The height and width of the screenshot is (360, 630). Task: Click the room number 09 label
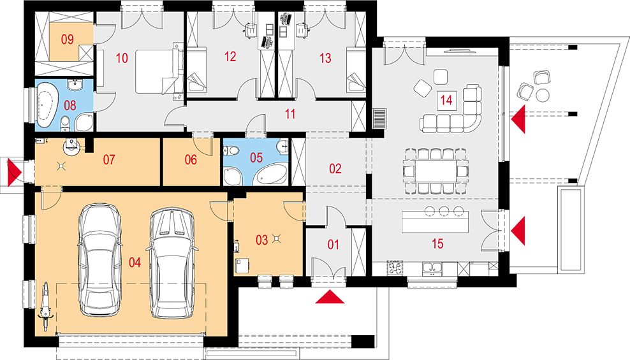click(68, 40)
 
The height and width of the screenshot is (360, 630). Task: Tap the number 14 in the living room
click(446, 99)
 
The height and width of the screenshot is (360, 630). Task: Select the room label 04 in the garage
click(135, 263)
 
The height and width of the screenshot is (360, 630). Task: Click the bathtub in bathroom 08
click(47, 106)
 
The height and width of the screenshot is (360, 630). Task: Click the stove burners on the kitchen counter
click(395, 268)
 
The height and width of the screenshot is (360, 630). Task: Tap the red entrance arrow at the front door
click(330, 298)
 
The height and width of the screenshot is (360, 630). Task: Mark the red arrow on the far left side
click(15, 173)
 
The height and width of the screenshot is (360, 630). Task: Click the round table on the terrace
click(543, 95)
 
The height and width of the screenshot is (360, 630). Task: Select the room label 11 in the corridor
click(290, 114)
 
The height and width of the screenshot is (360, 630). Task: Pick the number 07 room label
click(109, 160)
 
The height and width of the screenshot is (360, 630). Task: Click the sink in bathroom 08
click(75, 85)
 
